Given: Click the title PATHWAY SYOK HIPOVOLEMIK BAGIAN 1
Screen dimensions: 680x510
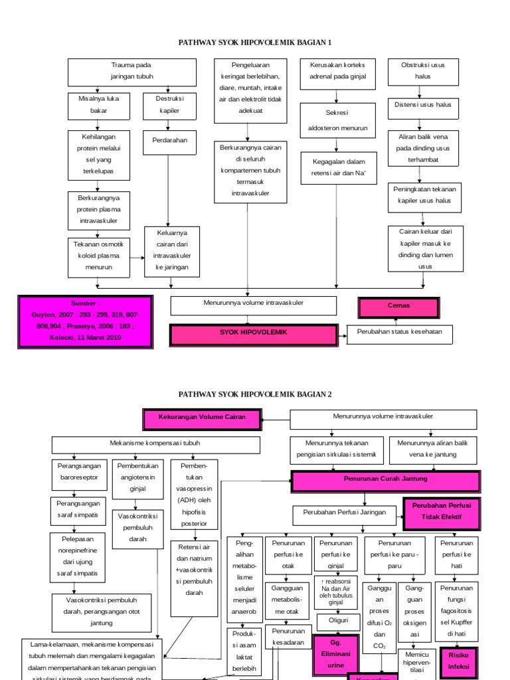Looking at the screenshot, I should (256, 42).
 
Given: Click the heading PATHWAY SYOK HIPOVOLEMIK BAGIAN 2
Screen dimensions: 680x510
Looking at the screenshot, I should (256, 394).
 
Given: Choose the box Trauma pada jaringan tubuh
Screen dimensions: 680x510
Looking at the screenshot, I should (131, 72).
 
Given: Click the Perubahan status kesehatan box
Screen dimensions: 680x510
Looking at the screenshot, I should (399, 334).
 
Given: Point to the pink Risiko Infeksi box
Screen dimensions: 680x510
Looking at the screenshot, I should (458, 659).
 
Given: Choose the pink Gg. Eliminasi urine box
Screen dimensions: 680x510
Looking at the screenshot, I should (338, 653).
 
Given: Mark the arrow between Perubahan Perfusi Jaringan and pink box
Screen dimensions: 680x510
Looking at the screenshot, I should (395, 514).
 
